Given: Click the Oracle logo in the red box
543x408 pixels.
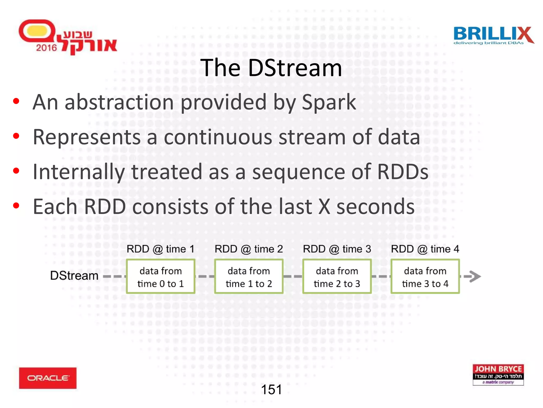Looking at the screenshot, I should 48,378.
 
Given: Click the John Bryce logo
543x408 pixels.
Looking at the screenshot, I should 498,375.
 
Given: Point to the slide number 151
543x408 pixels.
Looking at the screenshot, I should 271,390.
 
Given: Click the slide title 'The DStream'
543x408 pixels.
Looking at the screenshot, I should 271,68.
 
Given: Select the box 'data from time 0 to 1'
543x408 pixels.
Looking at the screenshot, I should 161,277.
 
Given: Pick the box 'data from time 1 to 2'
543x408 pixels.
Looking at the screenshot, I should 249,277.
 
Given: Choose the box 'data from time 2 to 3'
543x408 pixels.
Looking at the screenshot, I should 337,277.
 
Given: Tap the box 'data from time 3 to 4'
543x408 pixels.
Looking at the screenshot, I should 425,277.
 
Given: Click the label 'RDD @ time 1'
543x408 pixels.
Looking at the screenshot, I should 160,249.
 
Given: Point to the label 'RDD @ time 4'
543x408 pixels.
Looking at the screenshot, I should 425,249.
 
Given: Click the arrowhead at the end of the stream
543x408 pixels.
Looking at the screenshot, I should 475,276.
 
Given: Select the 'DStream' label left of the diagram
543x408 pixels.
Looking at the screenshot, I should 74,276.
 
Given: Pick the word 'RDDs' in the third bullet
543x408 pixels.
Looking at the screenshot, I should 402,172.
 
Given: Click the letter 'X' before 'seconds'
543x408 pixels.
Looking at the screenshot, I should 324,207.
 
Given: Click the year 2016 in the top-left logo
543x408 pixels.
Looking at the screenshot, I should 46,48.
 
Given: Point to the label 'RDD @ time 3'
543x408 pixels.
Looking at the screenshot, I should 337,249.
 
